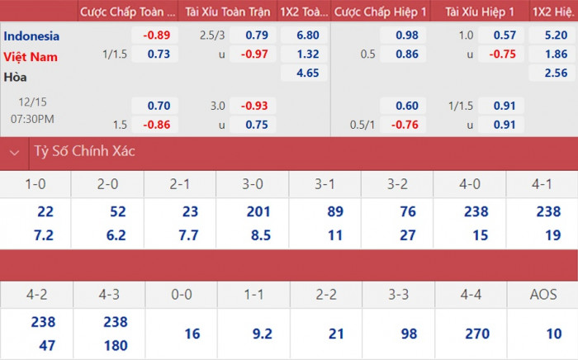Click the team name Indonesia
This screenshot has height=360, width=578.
[31, 36]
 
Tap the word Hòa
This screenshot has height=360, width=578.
[15, 77]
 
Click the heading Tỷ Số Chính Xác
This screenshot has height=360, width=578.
[84, 152]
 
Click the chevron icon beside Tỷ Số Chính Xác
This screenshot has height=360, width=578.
[14, 152]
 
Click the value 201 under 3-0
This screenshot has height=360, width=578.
[258, 211]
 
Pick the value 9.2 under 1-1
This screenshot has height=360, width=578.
[261, 333]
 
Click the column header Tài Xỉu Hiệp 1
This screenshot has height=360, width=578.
[480, 12]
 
